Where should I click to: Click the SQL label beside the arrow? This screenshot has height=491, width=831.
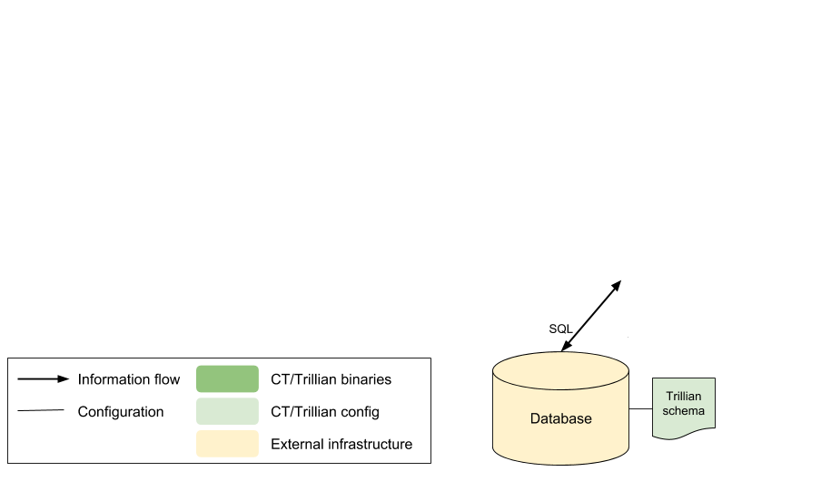560,329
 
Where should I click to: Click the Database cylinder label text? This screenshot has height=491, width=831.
560,418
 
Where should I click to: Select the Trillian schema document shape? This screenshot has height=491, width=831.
684,408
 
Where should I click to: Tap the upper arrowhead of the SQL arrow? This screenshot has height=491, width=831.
617,286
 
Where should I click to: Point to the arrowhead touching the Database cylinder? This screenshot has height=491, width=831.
566,346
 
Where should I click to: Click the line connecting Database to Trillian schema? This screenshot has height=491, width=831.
641,409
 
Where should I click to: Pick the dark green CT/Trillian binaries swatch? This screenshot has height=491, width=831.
227,378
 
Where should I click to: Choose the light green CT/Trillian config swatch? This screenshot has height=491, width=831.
227,411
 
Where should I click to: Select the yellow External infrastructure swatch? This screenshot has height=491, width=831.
227,444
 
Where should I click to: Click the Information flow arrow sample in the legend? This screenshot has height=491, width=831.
44,378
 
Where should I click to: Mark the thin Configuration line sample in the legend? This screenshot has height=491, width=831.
41,410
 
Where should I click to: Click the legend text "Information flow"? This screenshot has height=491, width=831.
129,379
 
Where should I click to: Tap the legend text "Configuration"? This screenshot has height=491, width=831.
121,411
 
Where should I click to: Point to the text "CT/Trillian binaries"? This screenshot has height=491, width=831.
331,379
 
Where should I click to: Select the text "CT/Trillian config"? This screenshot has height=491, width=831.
325,411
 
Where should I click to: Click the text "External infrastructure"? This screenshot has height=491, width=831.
341,444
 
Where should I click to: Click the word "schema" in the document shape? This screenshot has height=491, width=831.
684,411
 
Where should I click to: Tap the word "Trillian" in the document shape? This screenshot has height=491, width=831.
684,397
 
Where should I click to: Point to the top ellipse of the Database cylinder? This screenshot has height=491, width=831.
560,371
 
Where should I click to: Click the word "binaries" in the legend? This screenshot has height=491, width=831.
370,379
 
